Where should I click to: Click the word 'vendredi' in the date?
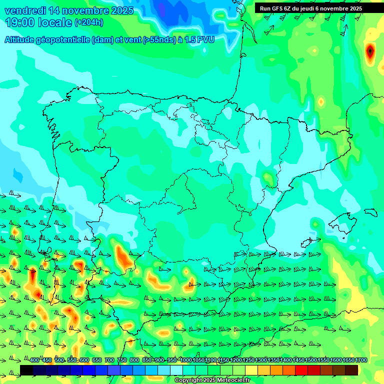(24, 10)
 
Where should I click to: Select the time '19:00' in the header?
(21, 22)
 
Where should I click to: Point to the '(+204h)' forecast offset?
(89, 22)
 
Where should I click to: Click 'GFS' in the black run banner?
(277, 8)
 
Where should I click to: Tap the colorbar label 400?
(34, 360)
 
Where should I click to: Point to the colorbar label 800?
(134, 360)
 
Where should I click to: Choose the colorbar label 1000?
(186, 360)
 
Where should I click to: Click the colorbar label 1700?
(361, 360)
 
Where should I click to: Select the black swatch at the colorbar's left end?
(26, 370)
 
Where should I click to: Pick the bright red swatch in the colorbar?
(301, 370)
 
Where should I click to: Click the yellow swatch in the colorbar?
(251, 370)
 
